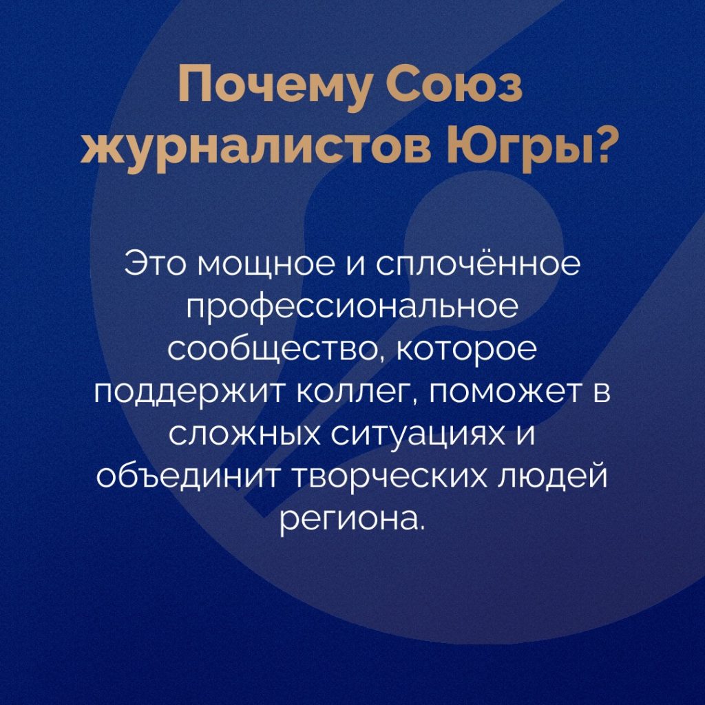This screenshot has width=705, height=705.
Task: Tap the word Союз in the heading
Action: pyautogui.click(x=455, y=85)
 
